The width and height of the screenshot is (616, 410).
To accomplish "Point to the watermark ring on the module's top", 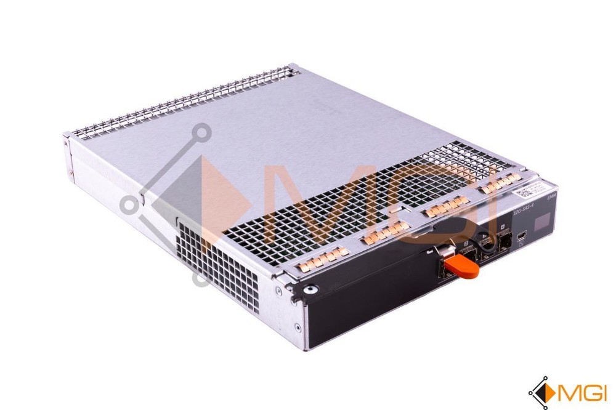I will tap(200, 132).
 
